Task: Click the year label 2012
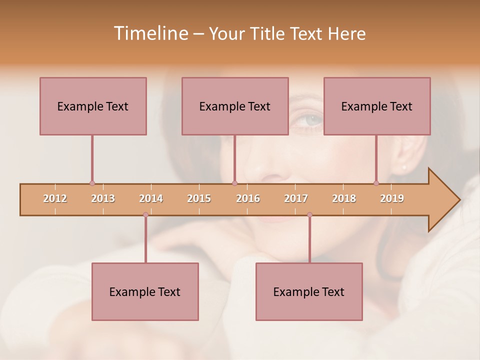click(55, 198)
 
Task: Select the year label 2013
click(103, 198)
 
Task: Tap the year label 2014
click(151, 198)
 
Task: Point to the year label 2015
click(199, 198)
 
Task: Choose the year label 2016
click(248, 198)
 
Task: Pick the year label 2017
click(296, 198)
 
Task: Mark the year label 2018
click(344, 198)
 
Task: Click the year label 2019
click(392, 198)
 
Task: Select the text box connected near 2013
click(93, 106)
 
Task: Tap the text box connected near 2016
click(235, 106)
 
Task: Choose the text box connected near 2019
click(377, 106)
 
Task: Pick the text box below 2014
click(145, 291)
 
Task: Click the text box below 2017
click(309, 291)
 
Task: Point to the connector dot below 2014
click(145, 215)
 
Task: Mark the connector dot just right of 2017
click(309, 215)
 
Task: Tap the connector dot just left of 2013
click(92, 183)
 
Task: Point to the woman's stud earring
click(403, 167)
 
